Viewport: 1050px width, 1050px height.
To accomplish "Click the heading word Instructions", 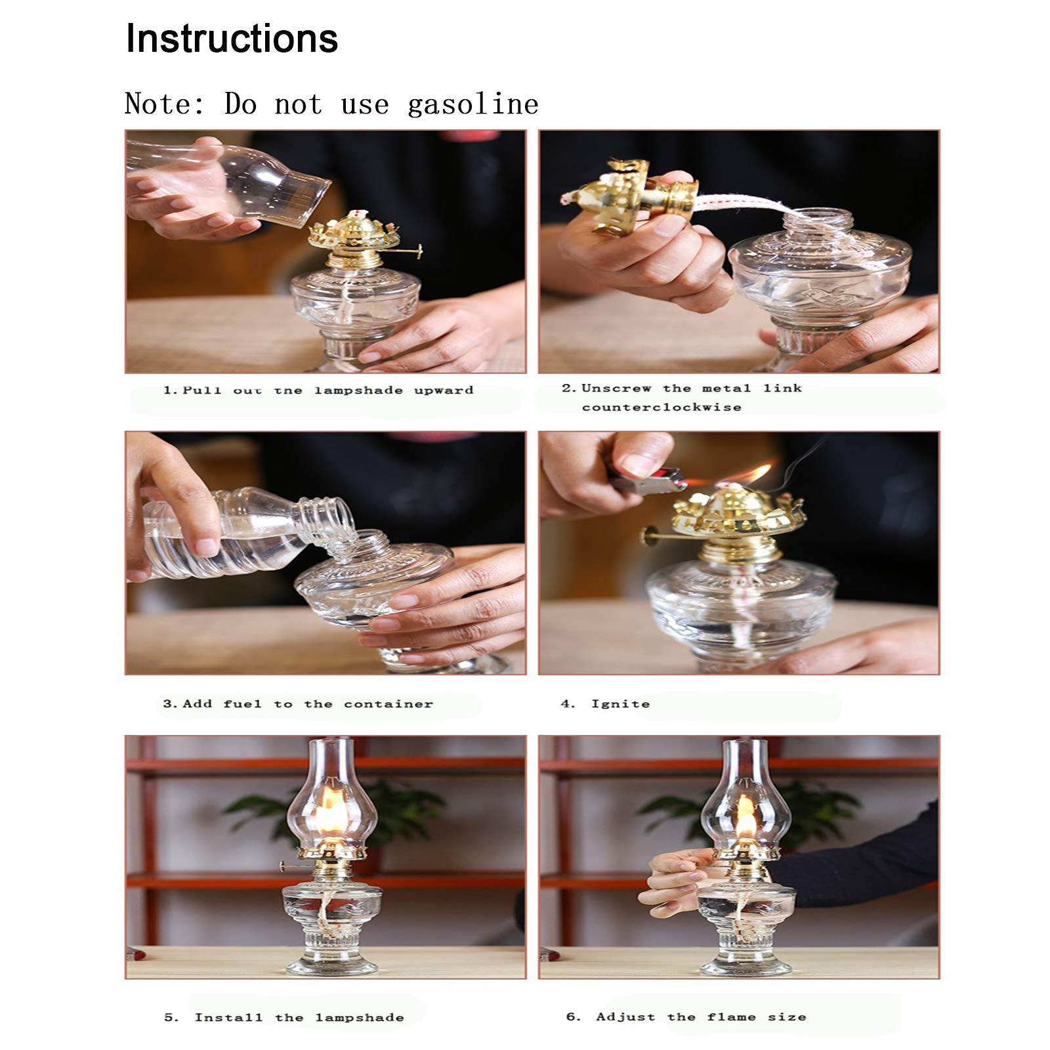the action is (x=232, y=39).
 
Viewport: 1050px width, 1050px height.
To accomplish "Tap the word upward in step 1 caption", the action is (x=444, y=390).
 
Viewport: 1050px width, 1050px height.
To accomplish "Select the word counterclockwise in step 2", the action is (x=661, y=408).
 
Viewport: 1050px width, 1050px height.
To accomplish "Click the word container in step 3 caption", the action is (x=388, y=704).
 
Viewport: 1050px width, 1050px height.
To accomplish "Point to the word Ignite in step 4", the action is (x=620, y=704).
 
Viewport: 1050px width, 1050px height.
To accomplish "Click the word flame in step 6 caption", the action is (x=732, y=1017).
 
